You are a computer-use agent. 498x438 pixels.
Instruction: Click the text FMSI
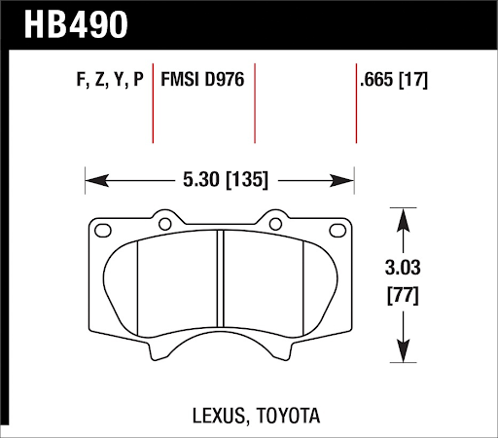(182, 80)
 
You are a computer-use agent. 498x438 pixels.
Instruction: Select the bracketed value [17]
(414, 80)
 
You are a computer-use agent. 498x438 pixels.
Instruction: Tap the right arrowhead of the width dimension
(346, 179)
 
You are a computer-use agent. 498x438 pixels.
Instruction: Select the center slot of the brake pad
(220, 292)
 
